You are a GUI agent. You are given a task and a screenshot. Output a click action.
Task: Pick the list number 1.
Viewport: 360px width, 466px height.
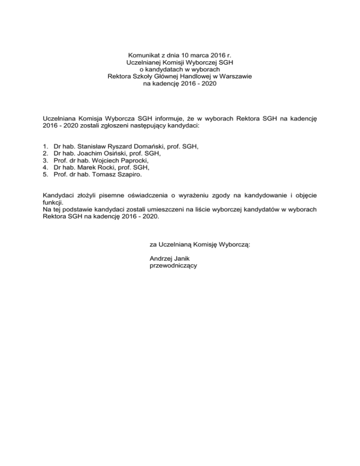coord(45,146)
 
